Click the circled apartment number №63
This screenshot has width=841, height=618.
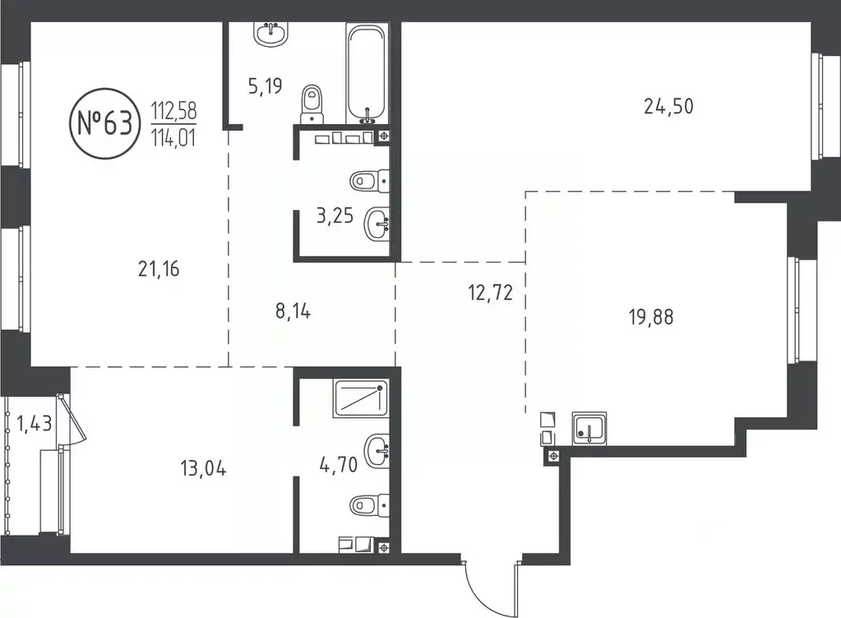point(104,124)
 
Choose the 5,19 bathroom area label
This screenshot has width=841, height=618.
point(267,85)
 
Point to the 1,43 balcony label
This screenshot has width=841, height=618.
point(32,425)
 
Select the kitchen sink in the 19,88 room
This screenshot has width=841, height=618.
point(588,428)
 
